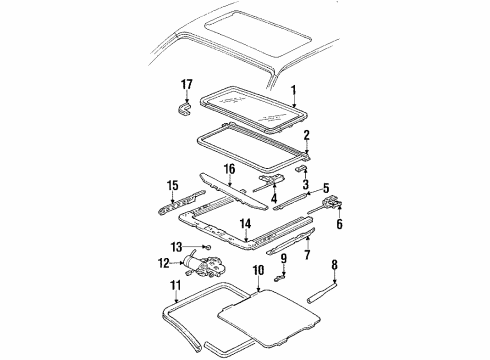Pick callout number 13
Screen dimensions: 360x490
(x=203, y=246)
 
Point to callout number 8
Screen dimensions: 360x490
(x=336, y=264)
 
